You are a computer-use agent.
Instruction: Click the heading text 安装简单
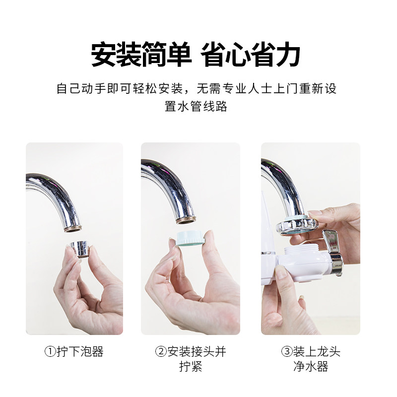[x=141, y=55]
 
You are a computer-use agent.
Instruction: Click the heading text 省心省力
[x=251, y=55]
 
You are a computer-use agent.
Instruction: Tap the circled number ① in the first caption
[x=50, y=351]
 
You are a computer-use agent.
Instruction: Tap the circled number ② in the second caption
[x=161, y=351]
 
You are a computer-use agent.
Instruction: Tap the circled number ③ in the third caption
[x=287, y=351]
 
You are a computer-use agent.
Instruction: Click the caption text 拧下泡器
[x=80, y=351]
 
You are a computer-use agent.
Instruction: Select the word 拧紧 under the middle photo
[x=191, y=366]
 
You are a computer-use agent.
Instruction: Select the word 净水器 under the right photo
[x=311, y=366]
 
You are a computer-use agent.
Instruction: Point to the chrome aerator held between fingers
[x=79, y=249]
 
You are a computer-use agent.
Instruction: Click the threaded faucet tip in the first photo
[x=73, y=228]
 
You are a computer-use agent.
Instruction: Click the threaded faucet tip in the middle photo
[x=186, y=220]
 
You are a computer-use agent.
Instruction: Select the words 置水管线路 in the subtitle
[x=196, y=106]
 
